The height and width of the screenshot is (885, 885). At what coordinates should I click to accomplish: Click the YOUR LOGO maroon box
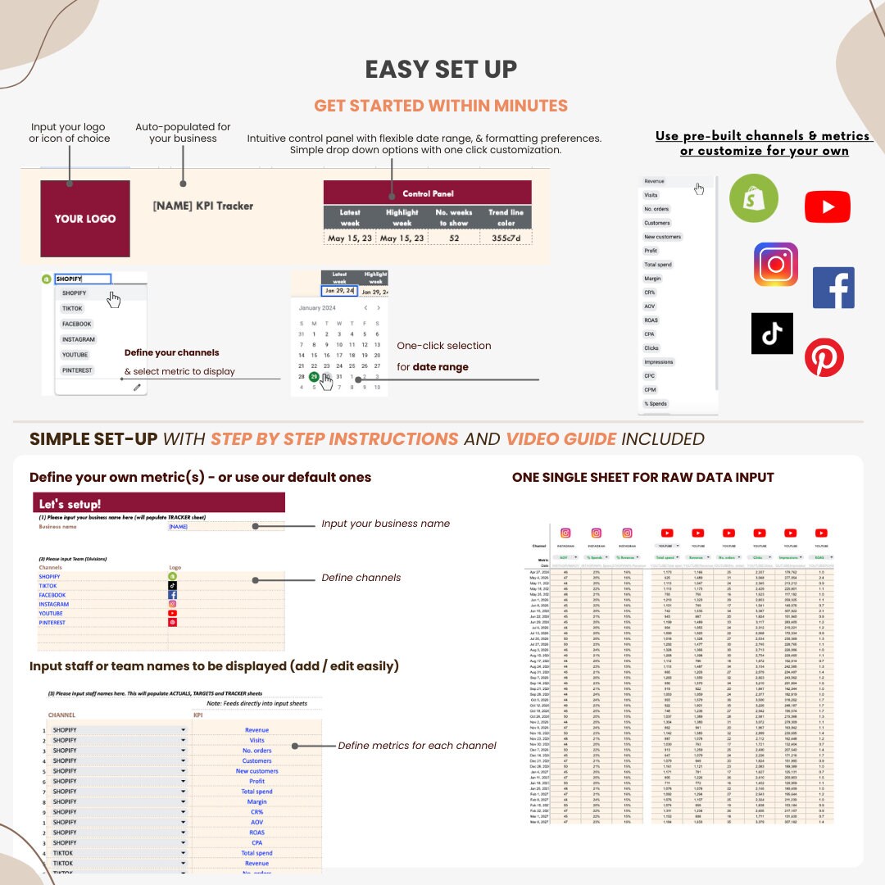(85, 219)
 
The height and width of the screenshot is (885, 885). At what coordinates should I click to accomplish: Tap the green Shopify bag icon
(754, 197)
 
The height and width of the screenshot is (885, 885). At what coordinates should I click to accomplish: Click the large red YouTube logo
(827, 206)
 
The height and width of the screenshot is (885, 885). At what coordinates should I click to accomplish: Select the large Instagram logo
(775, 264)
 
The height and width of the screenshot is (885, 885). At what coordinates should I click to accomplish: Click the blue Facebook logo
(833, 288)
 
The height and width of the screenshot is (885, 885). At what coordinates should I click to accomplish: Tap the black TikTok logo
(772, 333)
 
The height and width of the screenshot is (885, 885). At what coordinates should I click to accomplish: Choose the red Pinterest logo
(824, 357)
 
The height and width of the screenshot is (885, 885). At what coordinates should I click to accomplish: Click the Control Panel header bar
(427, 193)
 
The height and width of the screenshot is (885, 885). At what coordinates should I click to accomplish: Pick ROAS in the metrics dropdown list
(651, 320)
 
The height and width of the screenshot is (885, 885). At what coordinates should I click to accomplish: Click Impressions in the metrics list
(659, 361)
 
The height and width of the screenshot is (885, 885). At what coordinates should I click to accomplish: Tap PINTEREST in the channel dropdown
(78, 370)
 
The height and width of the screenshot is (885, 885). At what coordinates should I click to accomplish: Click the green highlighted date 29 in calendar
(314, 376)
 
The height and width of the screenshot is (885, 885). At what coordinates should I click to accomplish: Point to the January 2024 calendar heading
(317, 308)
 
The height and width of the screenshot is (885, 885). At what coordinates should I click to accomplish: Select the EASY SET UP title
(441, 70)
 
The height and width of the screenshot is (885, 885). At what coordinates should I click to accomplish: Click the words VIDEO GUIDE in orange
(560, 438)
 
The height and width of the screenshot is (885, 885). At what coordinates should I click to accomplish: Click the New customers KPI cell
(256, 771)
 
